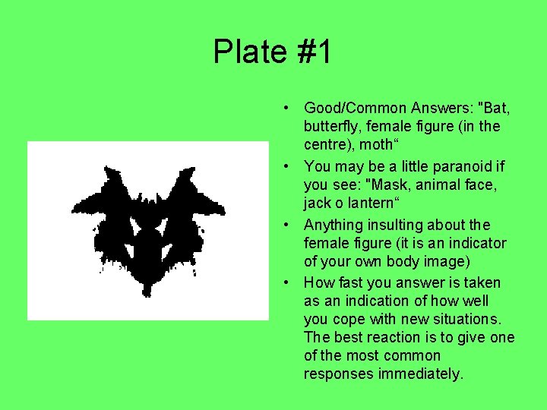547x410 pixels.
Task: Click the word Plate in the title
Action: pos(248,52)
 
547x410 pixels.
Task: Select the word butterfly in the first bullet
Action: pos(331,126)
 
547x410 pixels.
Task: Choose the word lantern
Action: pos(371,203)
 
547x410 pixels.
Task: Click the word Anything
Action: pos(335,225)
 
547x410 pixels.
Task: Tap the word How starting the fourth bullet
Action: pos(319,282)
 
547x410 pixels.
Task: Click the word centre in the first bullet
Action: pos(326,144)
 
